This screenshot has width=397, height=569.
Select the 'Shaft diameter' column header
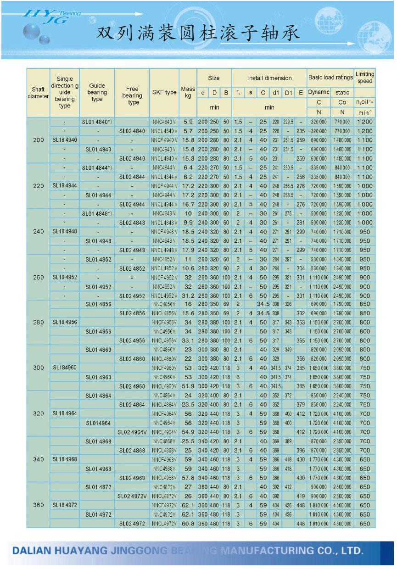[39, 93]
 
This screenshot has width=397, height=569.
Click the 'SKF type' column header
[164, 92]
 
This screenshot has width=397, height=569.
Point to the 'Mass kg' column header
[188, 92]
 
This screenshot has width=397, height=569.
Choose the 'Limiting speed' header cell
[365, 78]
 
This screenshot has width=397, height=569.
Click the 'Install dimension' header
[269, 78]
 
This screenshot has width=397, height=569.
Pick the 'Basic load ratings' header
[330, 78]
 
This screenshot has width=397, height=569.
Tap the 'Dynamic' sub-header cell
[319, 92]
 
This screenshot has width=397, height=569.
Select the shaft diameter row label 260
[39, 278]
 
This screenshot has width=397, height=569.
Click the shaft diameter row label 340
[39, 459]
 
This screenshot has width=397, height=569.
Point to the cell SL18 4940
[65, 140]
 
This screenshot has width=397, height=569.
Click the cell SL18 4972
[65, 505]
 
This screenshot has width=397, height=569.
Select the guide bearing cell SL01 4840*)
[97, 122]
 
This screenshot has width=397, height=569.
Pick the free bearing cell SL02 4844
[132, 177]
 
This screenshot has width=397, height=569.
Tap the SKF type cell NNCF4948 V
[164, 232]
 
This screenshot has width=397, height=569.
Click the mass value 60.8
[188, 524]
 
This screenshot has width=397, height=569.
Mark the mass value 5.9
[188, 122]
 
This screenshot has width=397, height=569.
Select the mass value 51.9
[188, 386]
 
